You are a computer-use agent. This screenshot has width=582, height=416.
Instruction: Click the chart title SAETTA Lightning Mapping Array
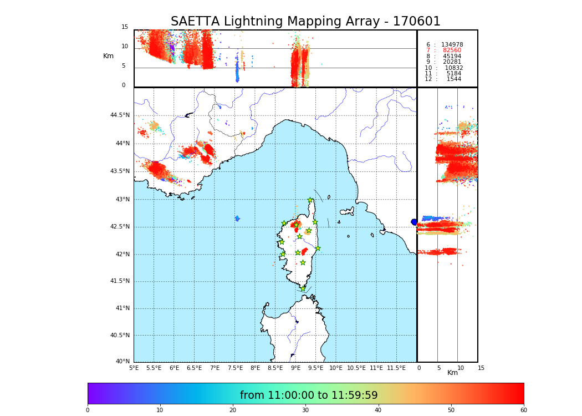pyautogui.click(x=305, y=22)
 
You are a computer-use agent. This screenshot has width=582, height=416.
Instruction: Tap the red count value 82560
pyautogui.click(x=452, y=50)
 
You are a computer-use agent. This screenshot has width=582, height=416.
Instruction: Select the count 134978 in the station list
pyautogui.click(x=452, y=44)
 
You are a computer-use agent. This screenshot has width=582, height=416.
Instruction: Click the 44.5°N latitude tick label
pyautogui.click(x=119, y=115)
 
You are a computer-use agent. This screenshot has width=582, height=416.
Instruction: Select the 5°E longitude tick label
pyautogui.click(x=134, y=368)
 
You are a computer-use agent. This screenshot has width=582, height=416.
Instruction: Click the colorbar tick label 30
pyautogui.click(x=305, y=410)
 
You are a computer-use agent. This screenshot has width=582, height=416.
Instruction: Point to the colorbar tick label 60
pyautogui.click(x=523, y=410)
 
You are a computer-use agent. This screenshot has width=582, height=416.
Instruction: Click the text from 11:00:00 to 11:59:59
pyautogui.click(x=309, y=395)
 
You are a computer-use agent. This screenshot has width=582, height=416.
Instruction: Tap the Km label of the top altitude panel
pyautogui.click(x=108, y=56)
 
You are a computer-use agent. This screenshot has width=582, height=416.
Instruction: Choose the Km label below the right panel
pyautogui.click(x=453, y=373)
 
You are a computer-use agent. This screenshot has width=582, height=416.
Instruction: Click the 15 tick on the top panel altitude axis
pyautogui.click(x=125, y=27)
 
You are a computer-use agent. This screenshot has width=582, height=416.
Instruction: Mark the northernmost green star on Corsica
pyautogui.click(x=310, y=200)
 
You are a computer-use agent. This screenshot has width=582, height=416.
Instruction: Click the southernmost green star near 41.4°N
pyautogui.click(x=303, y=288)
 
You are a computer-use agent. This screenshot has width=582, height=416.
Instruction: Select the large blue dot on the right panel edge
pyautogui.click(x=414, y=222)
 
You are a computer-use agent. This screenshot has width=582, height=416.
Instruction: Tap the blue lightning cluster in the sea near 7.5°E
pyautogui.click(x=237, y=219)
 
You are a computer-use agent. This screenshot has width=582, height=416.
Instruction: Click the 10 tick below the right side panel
pyautogui.click(x=461, y=368)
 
